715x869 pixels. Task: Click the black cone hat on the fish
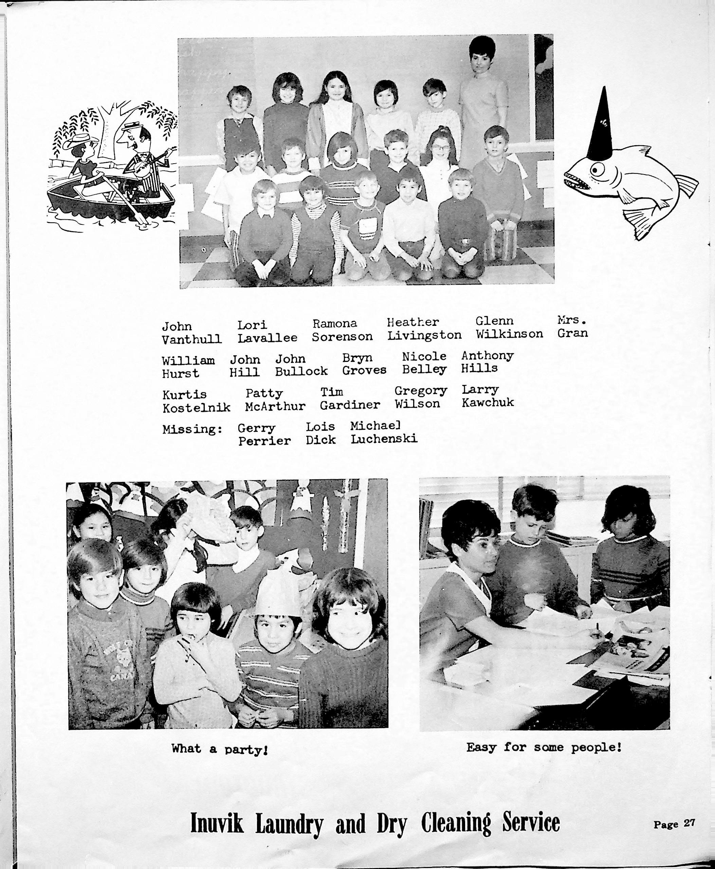pyautogui.click(x=603, y=128)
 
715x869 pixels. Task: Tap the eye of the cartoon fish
pyautogui.click(x=597, y=169)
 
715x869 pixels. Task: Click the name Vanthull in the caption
pyautogui.click(x=191, y=339)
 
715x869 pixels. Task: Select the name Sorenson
pyautogui.click(x=342, y=336)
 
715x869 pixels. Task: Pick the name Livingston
pyautogui.click(x=424, y=335)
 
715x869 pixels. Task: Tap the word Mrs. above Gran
pyautogui.click(x=572, y=319)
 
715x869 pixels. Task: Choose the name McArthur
pyautogui.click(x=275, y=406)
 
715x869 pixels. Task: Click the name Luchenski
pyautogui.click(x=384, y=439)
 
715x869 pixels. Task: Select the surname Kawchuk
pyautogui.click(x=488, y=402)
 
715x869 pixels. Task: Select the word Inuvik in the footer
pyautogui.click(x=217, y=823)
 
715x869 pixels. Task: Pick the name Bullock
pyautogui.click(x=301, y=371)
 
